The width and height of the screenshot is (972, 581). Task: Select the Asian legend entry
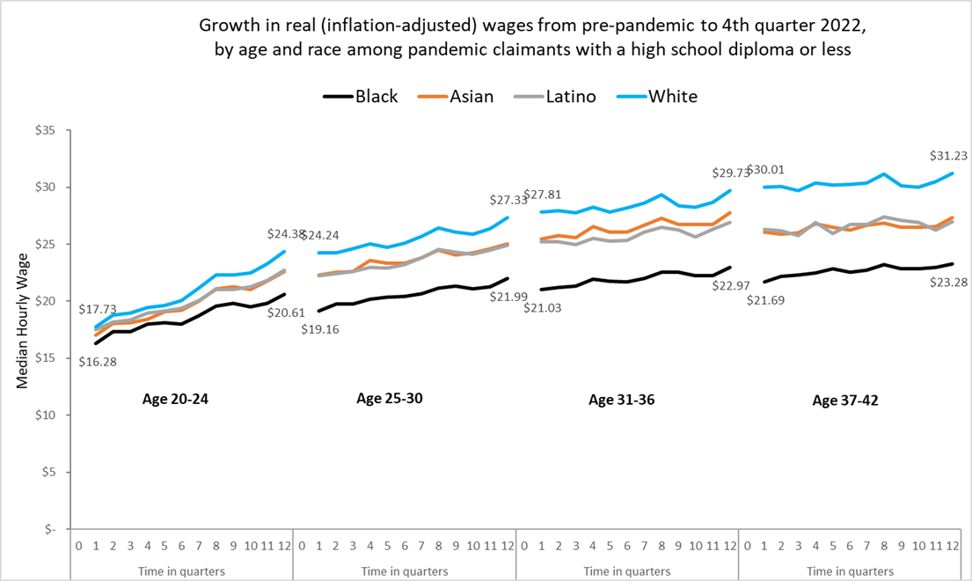point(471,97)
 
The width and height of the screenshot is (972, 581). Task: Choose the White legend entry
point(673,97)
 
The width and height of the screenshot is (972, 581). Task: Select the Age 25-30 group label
point(390,398)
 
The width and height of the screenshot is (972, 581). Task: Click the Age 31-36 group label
point(621,400)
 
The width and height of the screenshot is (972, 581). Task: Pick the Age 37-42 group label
point(845,401)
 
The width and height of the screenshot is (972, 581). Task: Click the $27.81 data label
point(542,195)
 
